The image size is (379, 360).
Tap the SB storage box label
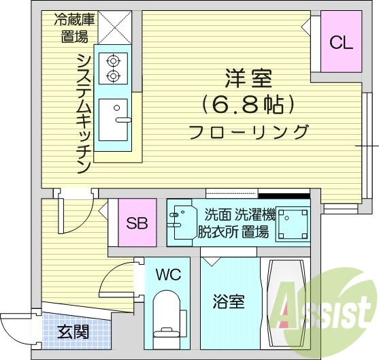[137, 223]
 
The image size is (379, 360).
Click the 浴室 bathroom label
[229, 300]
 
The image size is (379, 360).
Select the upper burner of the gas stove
[112, 61]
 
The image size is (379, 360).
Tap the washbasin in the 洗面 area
[182, 219]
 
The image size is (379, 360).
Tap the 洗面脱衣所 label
[213, 224]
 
